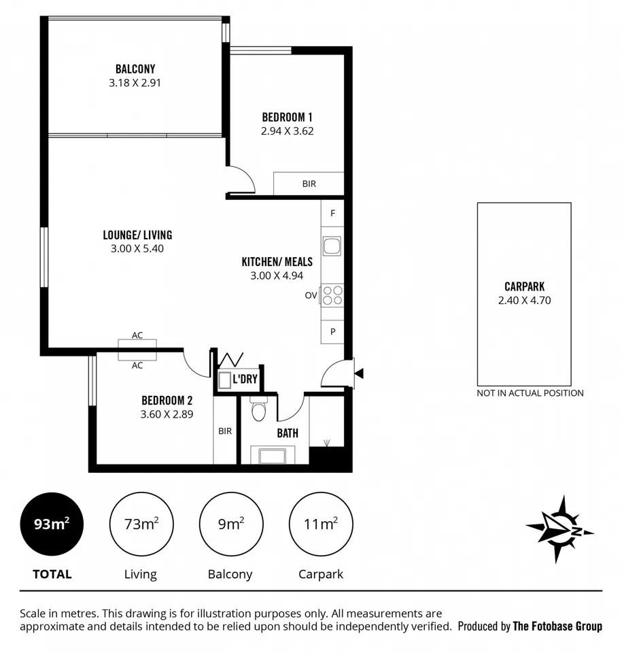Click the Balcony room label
tap(135, 69)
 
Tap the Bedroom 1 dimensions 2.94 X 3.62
tap(287, 131)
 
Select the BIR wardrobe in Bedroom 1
tap(309, 183)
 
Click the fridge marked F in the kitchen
tap(332, 213)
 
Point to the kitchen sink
tap(332, 246)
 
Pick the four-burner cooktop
tap(332, 295)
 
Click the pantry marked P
tap(332, 332)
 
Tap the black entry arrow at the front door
tap(359, 373)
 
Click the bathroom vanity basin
tap(273, 455)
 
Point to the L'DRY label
tap(245, 379)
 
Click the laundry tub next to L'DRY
tap(225, 380)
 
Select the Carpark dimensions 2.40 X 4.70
tap(524, 300)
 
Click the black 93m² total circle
tap(52, 524)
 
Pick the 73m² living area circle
tap(141, 524)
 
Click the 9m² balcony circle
tap(231, 524)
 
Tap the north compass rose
tap(559, 529)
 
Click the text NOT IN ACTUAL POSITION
tap(530, 393)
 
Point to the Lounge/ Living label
tap(137, 235)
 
